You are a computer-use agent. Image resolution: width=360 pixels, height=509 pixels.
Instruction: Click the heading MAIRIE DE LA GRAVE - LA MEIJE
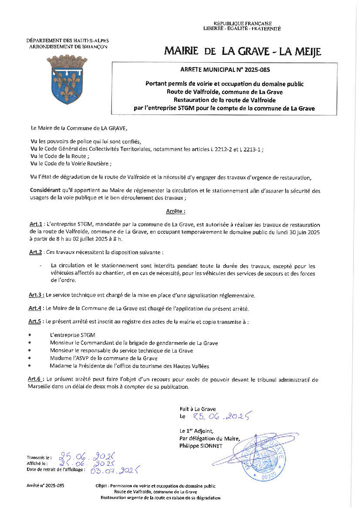point(242,52)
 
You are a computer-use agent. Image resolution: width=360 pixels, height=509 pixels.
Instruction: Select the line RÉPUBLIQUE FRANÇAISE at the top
point(242,23)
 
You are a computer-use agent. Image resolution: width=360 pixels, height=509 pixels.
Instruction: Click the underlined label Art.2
point(35,252)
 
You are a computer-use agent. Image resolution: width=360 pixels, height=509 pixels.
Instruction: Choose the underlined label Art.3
point(35,295)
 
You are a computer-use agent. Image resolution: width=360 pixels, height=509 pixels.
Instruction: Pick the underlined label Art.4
point(35,308)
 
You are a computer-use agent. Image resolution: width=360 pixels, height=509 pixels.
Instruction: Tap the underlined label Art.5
point(35,321)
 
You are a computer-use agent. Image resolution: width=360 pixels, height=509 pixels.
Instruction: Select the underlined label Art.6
point(35,380)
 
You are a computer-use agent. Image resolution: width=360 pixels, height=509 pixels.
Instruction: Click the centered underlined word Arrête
point(175,211)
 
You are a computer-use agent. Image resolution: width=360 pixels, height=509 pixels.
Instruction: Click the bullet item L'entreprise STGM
point(70,335)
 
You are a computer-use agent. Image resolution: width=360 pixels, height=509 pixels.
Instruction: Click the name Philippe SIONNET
point(201,446)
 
